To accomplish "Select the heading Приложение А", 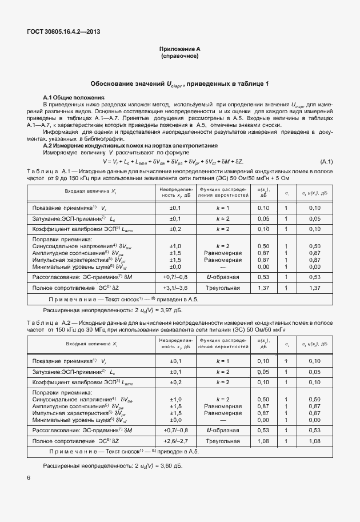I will tap(179, 49).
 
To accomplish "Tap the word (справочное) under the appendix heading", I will tap(179, 56).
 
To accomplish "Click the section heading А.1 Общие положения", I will tap(74, 98).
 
